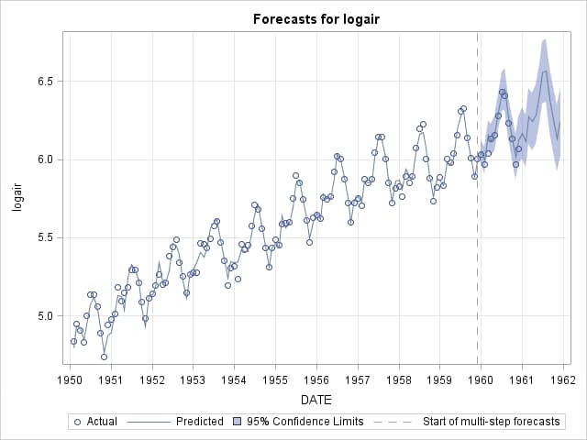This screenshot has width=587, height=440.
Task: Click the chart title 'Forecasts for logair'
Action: [x=316, y=19]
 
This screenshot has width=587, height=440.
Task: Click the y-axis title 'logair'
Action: [x=17, y=198]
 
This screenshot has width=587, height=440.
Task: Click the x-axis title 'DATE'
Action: [x=316, y=400]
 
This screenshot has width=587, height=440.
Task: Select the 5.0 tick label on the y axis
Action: [x=47, y=315]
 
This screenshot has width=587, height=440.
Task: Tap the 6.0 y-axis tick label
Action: [x=47, y=159]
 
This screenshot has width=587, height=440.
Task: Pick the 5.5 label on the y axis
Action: [x=47, y=237]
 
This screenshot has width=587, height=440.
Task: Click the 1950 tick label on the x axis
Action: [x=70, y=379]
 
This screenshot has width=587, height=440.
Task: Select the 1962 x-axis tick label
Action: [x=563, y=379]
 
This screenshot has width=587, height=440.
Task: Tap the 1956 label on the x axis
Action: [x=316, y=379]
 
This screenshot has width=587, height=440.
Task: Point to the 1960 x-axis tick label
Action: [x=481, y=379]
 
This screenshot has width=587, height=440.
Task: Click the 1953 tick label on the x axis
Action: [x=194, y=379]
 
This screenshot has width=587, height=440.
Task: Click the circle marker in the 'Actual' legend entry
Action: [x=78, y=422]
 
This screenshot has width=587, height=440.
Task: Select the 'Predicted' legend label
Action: [x=200, y=422]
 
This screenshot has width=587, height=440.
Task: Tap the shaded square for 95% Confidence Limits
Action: [x=237, y=422]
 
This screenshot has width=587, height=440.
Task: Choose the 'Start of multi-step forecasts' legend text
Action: [x=492, y=422]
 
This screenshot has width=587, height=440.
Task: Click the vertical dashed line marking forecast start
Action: [x=477, y=198]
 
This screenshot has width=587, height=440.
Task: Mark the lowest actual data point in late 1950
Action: [x=104, y=357]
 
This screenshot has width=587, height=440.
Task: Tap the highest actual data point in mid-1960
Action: [x=502, y=92]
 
